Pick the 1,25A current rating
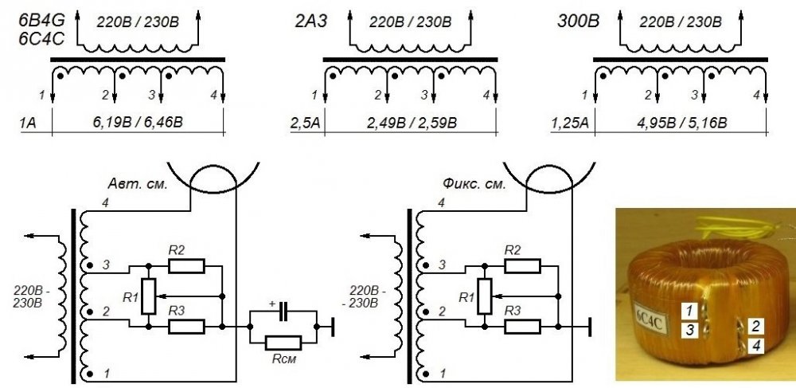568,123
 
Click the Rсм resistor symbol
279,343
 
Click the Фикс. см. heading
473,184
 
